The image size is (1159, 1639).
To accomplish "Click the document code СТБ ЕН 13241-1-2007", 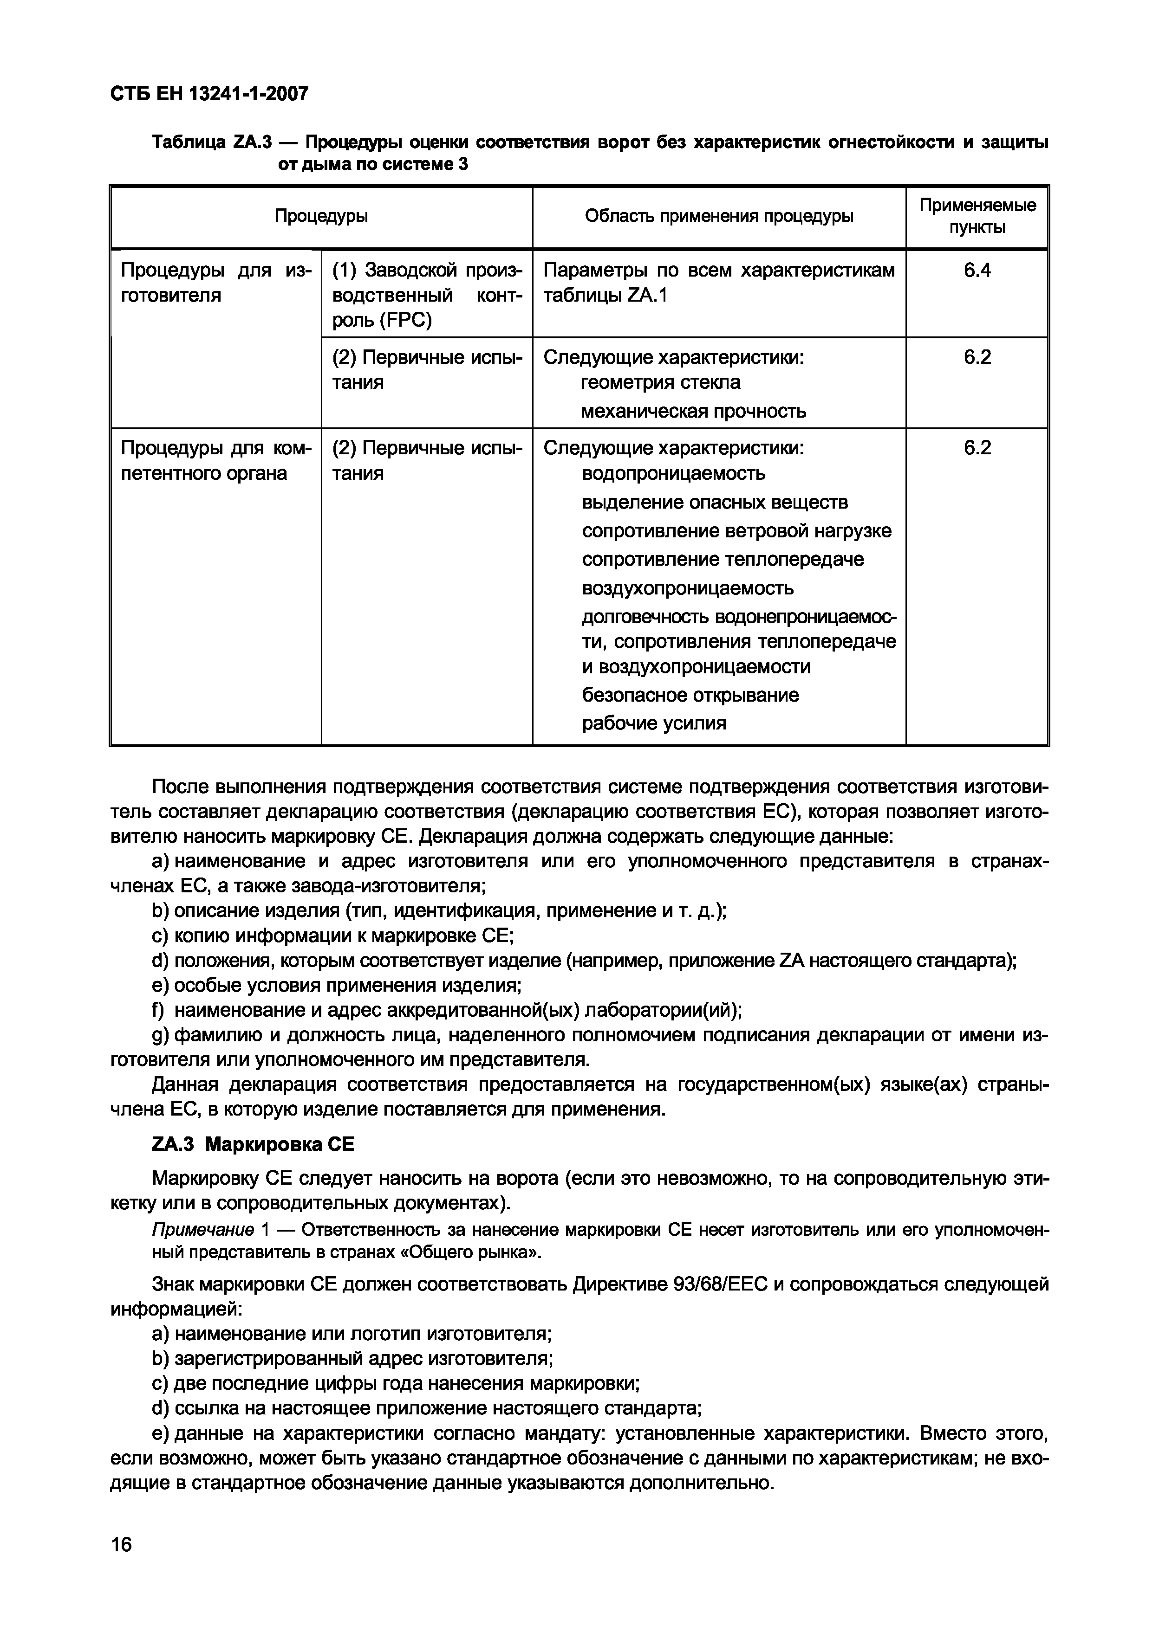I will click(209, 94).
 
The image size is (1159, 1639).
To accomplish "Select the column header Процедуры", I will click(321, 216).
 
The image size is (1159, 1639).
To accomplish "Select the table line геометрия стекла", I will click(661, 383).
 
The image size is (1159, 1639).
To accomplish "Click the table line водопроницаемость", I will click(673, 473).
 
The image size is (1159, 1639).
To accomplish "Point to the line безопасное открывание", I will click(690, 695).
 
